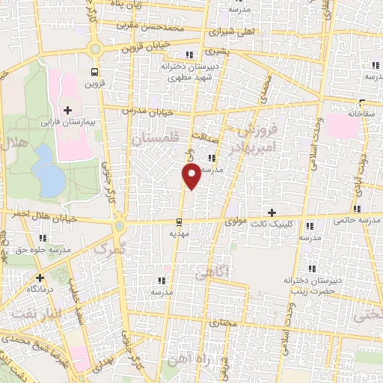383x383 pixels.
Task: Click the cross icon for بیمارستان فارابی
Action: click(68, 110)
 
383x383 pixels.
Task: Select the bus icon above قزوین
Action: click(94, 73)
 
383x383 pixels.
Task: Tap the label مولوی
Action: click(235, 221)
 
